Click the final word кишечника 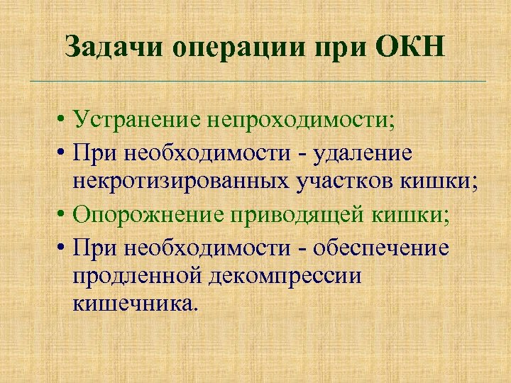[131, 306]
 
